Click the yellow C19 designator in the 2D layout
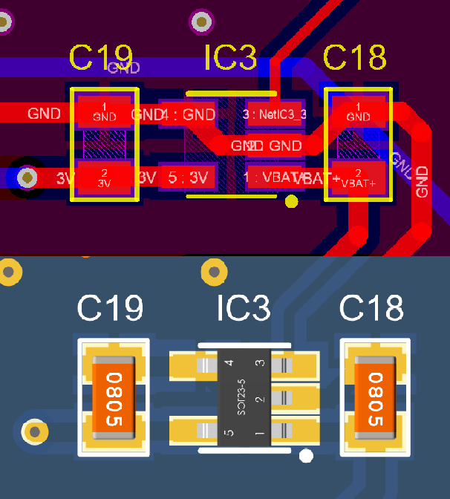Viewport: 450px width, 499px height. click(100, 57)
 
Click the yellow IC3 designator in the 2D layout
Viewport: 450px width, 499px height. click(230, 57)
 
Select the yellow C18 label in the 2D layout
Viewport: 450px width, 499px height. click(355, 57)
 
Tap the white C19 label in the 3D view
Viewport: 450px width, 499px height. click(111, 308)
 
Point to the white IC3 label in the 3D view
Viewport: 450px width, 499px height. click(243, 308)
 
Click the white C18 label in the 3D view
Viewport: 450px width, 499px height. click(371, 308)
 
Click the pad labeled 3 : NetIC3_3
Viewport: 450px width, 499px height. click(273, 114)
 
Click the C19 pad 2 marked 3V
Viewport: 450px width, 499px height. click(104, 177)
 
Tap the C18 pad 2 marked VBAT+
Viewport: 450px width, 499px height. click(359, 178)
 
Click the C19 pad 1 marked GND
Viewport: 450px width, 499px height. click(104, 112)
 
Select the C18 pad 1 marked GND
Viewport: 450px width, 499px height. click(359, 112)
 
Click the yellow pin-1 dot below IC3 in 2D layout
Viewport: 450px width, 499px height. click(291, 200)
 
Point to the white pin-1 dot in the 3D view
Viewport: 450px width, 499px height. click(304, 455)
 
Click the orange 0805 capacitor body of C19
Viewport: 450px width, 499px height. click(114, 399)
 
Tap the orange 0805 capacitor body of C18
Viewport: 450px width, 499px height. click(375, 399)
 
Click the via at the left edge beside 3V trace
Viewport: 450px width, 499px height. click(27, 177)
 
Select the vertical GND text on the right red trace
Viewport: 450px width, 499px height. click(422, 181)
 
